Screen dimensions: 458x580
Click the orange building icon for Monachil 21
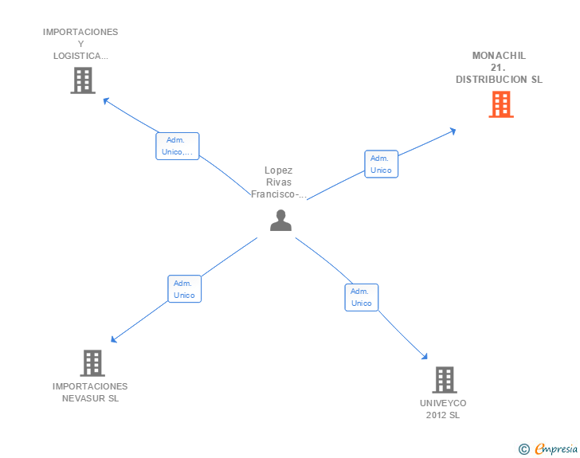pyautogui.click(x=500, y=104)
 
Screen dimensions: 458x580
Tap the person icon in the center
pyautogui.click(x=280, y=220)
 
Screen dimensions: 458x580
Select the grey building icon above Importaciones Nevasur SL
pyautogui.click(x=92, y=363)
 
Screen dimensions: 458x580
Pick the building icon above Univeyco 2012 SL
pyautogui.click(x=444, y=380)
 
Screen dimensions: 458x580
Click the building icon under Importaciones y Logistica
pyautogui.click(x=82, y=80)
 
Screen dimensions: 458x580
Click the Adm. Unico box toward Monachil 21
pyautogui.click(x=381, y=164)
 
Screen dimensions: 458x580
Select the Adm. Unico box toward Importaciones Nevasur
pyautogui.click(x=184, y=289)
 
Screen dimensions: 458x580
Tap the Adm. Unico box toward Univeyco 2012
pyautogui.click(x=362, y=297)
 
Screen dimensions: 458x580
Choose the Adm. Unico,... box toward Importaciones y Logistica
pyautogui.click(x=177, y=147)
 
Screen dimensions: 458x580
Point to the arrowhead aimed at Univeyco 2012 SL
pyautogui.click(x=425, y=358)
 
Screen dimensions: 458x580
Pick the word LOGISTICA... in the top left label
pyautogui.click(x=80, y=56)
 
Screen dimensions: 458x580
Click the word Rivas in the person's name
pyautogui.click(x=279, y=182)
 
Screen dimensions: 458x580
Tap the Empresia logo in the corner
pyautogui.click(x=555, y=449)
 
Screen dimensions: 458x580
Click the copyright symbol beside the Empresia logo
pyautogui.click(x=523, y=449)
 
